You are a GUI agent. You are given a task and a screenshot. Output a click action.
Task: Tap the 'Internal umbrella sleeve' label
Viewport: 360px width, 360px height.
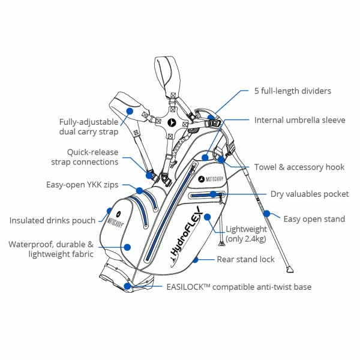click(299, 120)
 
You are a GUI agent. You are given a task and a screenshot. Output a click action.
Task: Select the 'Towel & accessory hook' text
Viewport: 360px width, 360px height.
click(298, 167)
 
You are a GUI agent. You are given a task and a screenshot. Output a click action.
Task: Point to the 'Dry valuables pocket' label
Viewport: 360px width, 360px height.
click(309, 194)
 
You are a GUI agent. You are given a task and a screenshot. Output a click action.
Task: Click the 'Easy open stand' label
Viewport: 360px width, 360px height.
click(314, 219)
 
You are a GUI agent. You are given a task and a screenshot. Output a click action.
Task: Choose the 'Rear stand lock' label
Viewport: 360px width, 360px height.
click(245, 259)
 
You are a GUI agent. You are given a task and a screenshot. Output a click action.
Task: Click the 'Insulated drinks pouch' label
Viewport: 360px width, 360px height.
click(52, 220)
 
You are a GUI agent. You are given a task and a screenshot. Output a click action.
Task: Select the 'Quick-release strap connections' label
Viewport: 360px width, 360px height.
click(84, 157)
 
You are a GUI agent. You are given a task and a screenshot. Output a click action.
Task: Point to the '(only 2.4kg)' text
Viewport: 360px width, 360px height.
click(246, 239)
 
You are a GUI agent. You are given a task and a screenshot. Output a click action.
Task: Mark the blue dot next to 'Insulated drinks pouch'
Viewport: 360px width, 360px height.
click(110, 211)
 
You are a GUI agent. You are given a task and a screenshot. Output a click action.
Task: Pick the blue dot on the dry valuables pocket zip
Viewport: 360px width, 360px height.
click(213, 194)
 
